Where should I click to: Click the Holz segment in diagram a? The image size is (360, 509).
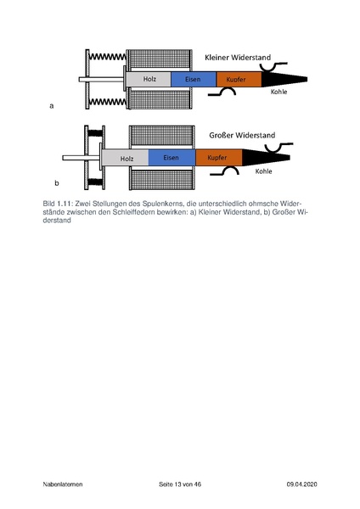coord(149,80)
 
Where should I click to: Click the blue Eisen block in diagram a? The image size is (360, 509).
coord(193,80)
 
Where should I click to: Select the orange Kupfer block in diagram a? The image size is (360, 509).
coord(237,80)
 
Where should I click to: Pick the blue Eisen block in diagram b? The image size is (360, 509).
coord(172,159)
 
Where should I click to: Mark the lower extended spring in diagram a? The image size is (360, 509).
coord(108,103)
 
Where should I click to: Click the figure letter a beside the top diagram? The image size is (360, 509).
coord(53,107)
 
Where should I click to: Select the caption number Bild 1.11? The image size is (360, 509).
coord(56,204)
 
